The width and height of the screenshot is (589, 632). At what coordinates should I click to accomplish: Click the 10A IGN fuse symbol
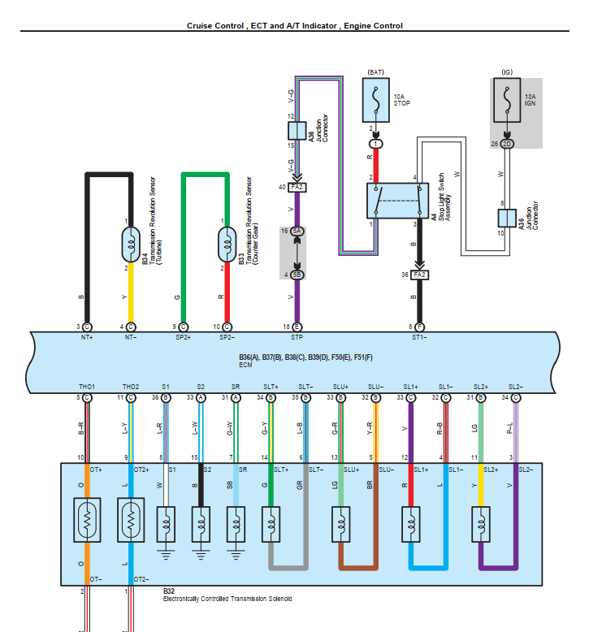(506, 101)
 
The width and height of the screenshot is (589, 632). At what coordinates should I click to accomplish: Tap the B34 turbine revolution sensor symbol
(130, 242)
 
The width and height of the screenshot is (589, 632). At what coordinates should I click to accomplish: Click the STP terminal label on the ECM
(297, 336)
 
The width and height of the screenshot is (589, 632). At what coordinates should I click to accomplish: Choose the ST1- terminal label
(419, 336)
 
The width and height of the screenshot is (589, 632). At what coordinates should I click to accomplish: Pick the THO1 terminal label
(87, 386)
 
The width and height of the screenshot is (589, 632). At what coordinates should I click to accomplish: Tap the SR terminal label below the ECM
(236, 386)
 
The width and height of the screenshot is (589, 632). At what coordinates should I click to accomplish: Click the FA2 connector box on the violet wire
(297, 187)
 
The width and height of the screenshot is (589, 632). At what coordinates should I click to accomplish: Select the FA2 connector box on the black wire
(419, 275)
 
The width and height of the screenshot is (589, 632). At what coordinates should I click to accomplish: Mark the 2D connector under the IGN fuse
(507, 144)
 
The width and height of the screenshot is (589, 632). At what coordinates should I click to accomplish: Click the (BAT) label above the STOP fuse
(376, 72)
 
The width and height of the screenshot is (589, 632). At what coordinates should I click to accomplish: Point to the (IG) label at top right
(506, 72)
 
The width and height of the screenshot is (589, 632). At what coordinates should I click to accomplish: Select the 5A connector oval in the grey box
(297, 232)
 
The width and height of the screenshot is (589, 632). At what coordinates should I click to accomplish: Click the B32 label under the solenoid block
(169, 591)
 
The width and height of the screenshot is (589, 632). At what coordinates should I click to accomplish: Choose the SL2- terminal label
(515, 386)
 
